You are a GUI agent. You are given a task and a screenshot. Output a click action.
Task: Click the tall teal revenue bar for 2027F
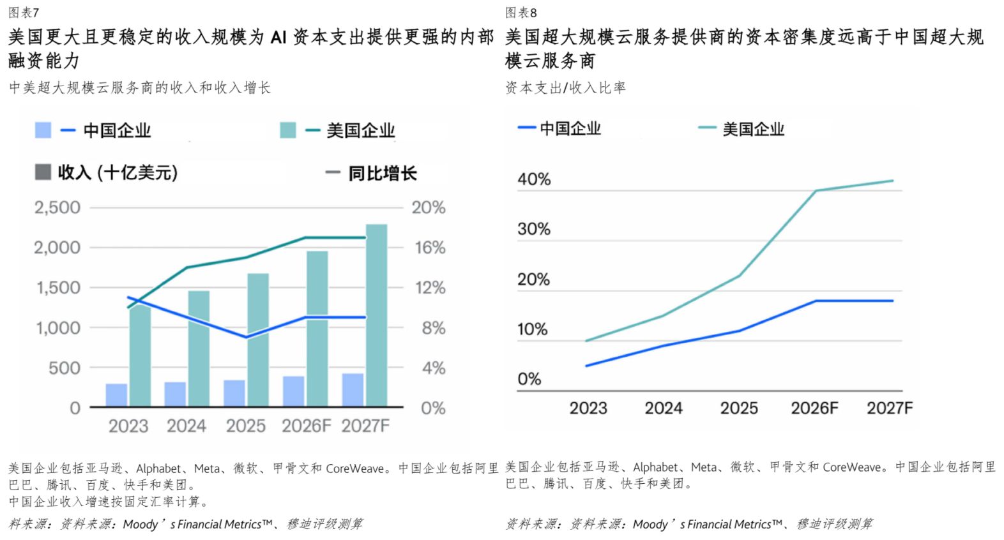pyautogui.click(x=377, y=315)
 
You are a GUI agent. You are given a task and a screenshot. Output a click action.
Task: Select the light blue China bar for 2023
pyautogui.click(x=116, y=395)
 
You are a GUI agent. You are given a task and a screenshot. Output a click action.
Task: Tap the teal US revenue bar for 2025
pyautogui.click(x=258, y=340)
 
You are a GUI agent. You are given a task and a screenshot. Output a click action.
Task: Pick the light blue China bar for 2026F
pyautogui.click(x=294, y=392)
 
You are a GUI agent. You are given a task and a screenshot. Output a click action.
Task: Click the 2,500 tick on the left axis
pyautogui.click(x=57, y=207)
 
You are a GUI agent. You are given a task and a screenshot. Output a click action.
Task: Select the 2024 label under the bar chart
pyautogui.click(x=186, y=426)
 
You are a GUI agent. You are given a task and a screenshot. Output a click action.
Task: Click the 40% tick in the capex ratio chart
pyautogui.click(x=534, y=179)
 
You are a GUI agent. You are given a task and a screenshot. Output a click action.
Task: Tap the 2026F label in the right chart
pyautogui.click(x=814, y=409)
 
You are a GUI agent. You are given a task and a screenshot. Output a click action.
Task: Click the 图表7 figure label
pyautogui.click(x=24, y=13)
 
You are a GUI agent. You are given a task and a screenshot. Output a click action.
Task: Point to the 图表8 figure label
pyautogui.click(x=521, y=13)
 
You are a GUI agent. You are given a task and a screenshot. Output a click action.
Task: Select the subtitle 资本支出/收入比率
pyautogui.click(x=565, y=87)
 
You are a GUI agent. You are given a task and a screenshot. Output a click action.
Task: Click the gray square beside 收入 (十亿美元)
pyautogui.click(x=43, y=172)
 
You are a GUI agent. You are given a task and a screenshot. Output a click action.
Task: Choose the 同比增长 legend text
pyautogui.click(x=383, y=173)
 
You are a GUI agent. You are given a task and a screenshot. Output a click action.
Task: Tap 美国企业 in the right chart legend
pyautogui.click(x=754, y=129)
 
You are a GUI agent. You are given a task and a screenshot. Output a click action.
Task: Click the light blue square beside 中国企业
pyautogui.click(x=43, y=130)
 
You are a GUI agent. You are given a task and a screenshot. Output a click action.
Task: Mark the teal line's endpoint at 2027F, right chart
pyautogui.click(x=892, y=181)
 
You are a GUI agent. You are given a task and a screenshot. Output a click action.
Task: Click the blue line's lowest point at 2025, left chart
pyautogui.click(x=246, y=337)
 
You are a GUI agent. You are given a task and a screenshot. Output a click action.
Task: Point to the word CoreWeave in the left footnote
pyautogui.click(x=355, y=469)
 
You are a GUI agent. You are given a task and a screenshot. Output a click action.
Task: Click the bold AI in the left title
pyautogui.click(x=278, y=38)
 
